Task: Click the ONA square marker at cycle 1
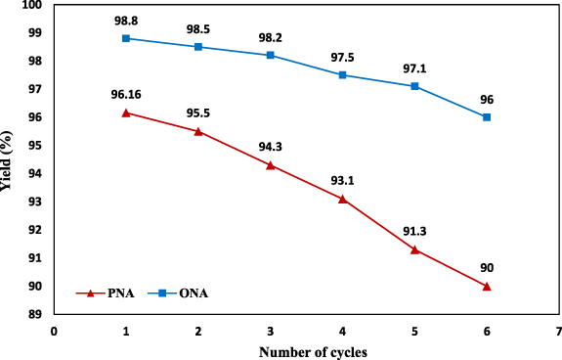click(126, 38)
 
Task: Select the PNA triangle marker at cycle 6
click(487, 287)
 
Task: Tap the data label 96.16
click(126, 95)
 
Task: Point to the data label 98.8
click(126, 20)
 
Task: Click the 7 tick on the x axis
click(558, 331)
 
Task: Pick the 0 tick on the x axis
click(54, 331)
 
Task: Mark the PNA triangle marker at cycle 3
click(270, 165)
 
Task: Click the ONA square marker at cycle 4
click(342, 74)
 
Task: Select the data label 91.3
click(414, 231)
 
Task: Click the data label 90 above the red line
click(487, 267)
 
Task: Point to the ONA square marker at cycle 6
click(487, 117)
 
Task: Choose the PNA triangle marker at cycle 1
click(126, 112)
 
